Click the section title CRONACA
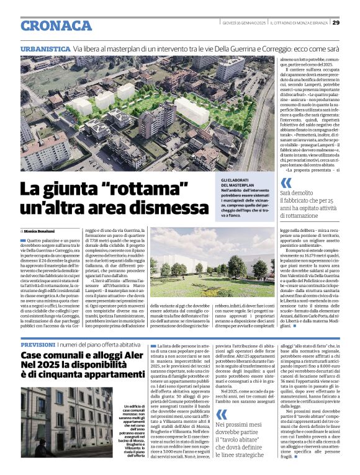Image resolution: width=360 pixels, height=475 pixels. (x=56, y=25)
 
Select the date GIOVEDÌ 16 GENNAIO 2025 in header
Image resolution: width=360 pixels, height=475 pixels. (x=244, y=22)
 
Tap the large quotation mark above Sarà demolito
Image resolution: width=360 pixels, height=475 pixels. (x=286, y=183)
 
